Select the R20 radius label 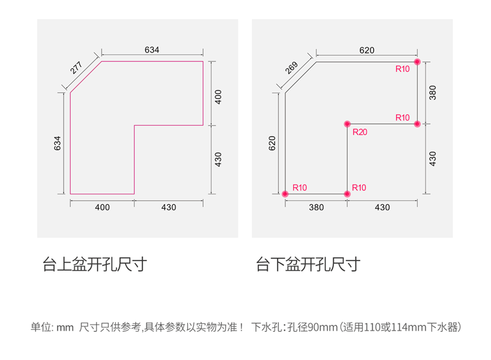tap(359, 133)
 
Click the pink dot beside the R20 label tap(347, 124)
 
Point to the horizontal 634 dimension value tap(152, 50)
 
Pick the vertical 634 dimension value tap(58, 144)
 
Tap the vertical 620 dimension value tap(272, 144)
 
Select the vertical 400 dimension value tap(218, 97)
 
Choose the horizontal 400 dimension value tap(102, 207)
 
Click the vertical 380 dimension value tap(432, 92)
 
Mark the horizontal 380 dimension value tap(316, 207)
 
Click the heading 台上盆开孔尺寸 tap(94, 264)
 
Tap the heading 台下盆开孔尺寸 tap(308, 264)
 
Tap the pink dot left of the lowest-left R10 tap(285, 194)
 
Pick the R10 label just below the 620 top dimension tap(402, 69)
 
